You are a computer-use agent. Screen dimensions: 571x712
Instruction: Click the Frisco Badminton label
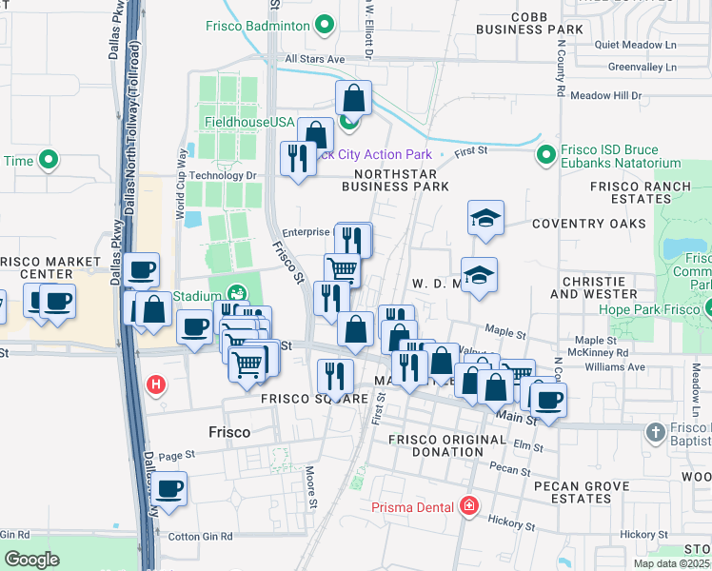[x=260, y=25]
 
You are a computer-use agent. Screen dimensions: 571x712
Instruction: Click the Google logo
[x=31, y=560]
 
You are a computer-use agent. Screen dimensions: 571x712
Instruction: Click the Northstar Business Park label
[x=395, y=181]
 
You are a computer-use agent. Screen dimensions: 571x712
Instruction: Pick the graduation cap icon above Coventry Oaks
[x=485, y=218]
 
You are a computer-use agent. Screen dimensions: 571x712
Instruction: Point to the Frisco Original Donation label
[x=435, y=445]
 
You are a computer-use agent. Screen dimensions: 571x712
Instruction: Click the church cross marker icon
[x=655, y=433]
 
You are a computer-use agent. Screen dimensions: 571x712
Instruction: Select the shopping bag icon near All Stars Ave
[x=353, y=98]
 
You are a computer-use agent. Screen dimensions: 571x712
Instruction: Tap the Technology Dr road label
[x=223, y=175]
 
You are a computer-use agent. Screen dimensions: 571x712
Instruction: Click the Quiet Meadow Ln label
[x=634, y=44]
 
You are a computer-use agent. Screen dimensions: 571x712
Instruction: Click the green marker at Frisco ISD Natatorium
[x=545, y=153]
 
